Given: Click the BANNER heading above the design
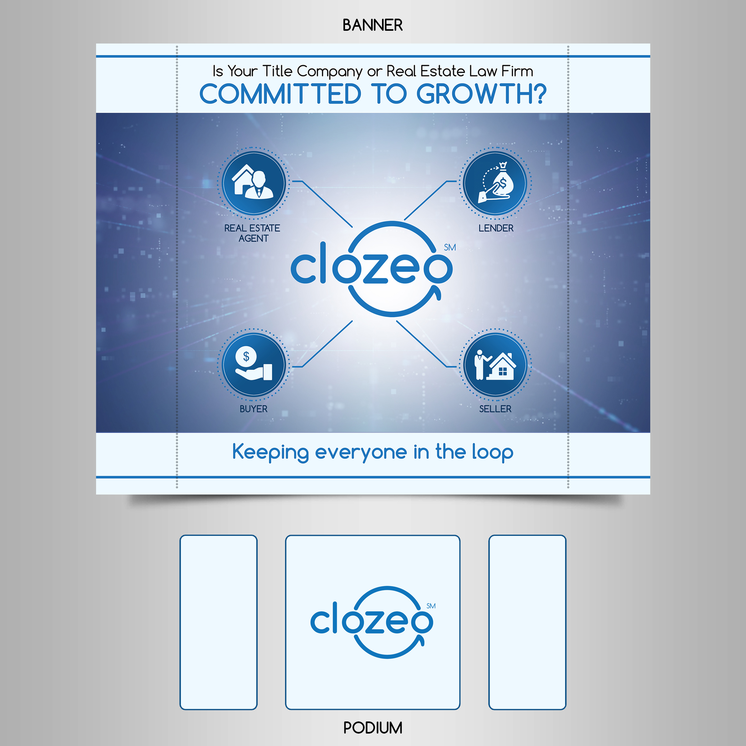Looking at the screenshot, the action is click(373, 25).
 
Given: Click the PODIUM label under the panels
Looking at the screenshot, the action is click(373, 728).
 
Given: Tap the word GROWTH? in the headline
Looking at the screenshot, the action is click(481, 94).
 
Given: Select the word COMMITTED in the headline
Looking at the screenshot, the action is click(280, 94).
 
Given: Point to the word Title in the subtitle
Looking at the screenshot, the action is click(277, 71).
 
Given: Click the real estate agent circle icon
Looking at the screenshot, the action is click(254, 183).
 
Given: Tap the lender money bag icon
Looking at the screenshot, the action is click(495, 183).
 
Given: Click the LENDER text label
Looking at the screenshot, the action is click(496, 228).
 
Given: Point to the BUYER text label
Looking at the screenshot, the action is click(253, 409).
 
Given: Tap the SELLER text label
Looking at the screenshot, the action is click(495, 409).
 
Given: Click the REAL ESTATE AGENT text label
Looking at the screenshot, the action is click(252, 233).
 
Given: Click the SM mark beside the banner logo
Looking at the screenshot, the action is click(450, 247).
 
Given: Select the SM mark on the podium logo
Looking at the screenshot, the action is click(431, 606).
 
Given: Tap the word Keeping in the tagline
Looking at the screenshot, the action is click(270, 453).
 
